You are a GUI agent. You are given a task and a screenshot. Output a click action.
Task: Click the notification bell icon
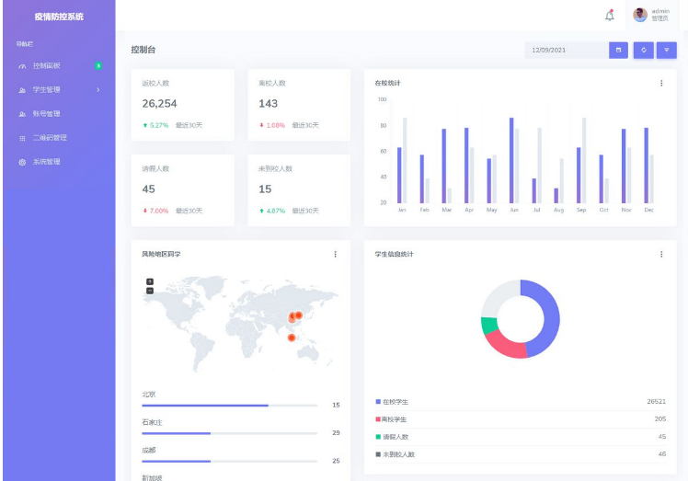click(609, 16)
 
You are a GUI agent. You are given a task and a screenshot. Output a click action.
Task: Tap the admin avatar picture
click(640, 15)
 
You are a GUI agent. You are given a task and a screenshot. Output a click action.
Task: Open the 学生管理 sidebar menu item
click(47, 89)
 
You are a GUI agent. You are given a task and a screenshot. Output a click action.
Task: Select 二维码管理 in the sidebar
click(49, 138)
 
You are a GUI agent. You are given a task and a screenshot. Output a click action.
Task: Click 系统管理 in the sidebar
click(46, 162)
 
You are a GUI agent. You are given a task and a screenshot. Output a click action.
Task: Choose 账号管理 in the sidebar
click(46, 114)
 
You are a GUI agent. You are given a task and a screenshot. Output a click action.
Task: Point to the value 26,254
click(159, 104)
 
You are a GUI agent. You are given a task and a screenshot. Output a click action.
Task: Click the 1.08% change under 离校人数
click(275, 125)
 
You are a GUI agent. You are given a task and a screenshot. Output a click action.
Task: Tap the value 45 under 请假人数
click(149, 189)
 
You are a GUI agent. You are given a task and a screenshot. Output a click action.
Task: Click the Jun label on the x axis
click(513, 210)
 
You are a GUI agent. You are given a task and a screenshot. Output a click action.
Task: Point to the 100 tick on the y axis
click(382, 99)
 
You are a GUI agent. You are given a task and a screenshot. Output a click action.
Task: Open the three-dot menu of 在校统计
click(660, 83)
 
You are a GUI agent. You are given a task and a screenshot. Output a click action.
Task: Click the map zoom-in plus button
click(150, 281)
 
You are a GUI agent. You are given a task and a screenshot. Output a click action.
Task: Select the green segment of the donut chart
click(488, 326)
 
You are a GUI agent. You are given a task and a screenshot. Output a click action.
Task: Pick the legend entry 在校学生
click(395, 402)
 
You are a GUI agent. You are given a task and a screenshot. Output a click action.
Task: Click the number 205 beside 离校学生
click(659, 418)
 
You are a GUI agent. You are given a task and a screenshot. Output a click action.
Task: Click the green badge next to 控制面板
click(97, 65)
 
